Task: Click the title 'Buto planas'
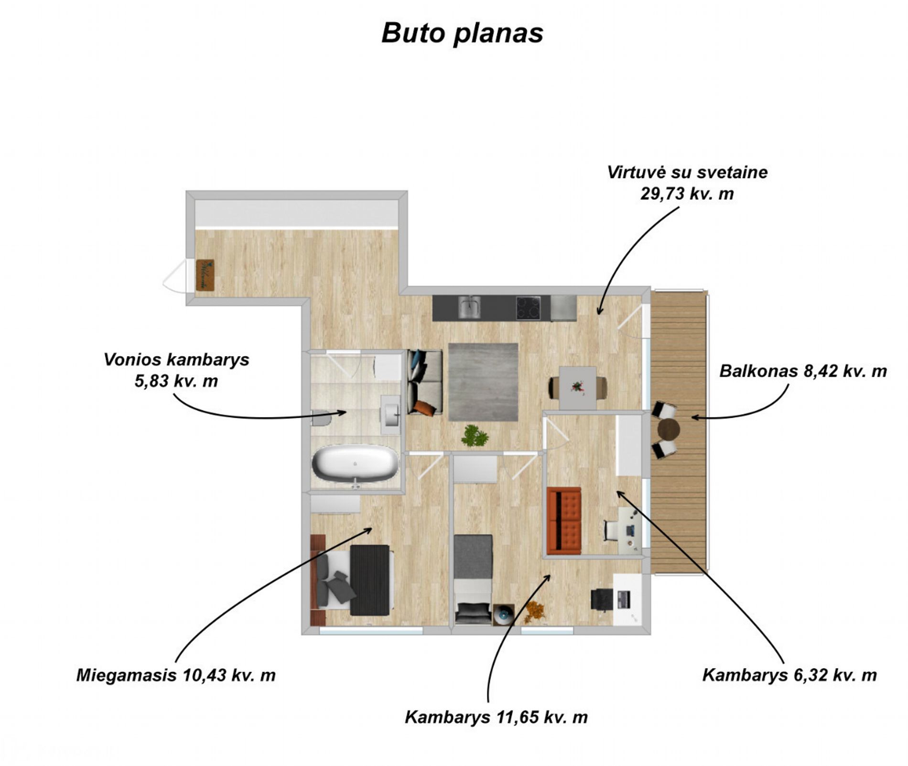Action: [x=462, y=33]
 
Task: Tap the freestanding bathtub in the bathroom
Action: [x=355, y=463]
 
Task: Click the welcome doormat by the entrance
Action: [x=205, y=274]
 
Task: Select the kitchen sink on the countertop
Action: [x=470, y=307]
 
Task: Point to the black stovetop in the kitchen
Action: [x=528, y=307]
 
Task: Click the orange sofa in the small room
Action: [x=564, y=521]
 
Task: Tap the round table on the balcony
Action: [x=668, y=429]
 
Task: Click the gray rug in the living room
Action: [x=483, y=382]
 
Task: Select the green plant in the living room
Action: [x=475, y=436]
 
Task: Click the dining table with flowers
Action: [x=578, y=388]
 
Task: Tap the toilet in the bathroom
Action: [x=321, y=417]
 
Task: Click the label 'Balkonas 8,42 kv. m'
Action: [x=803, y=371]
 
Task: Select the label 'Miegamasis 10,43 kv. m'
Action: [x=176, y=675]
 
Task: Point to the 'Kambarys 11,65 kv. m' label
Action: [x=496, y=717]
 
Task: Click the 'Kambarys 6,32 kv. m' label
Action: [x=789, y=675]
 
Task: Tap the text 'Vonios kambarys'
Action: [x=176, y=360]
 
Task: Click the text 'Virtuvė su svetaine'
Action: [x=687, y=172]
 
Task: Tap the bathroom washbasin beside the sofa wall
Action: [x=390, y=414]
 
